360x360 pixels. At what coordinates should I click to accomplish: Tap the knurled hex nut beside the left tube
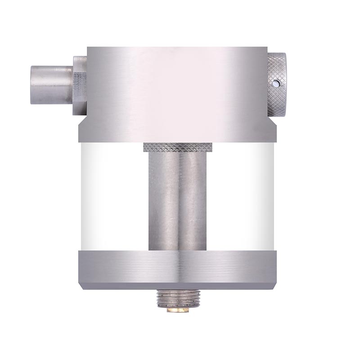pos(80,85)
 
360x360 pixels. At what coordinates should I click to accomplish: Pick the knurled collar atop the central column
pos(177,147)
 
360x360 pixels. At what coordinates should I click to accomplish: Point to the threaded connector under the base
pos(177,297)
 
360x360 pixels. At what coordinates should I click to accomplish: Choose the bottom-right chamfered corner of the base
pos(274,286)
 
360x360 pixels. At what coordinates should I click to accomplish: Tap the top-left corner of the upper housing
pos(88,48)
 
